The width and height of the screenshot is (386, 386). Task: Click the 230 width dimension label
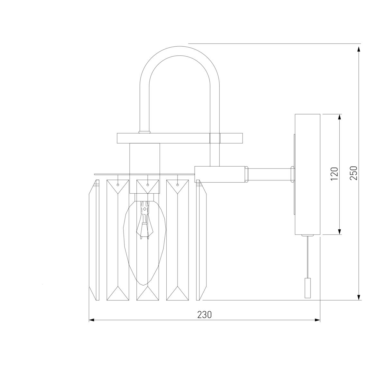pos(205,315)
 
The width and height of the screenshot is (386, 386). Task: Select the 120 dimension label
pos(334,174)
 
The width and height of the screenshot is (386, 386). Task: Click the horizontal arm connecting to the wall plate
pos(270,174)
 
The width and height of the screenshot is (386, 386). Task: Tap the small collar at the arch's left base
pos(144,132)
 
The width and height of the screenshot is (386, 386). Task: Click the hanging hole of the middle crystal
pos(147,185)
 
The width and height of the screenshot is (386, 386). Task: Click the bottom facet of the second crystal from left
pos(118,293)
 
